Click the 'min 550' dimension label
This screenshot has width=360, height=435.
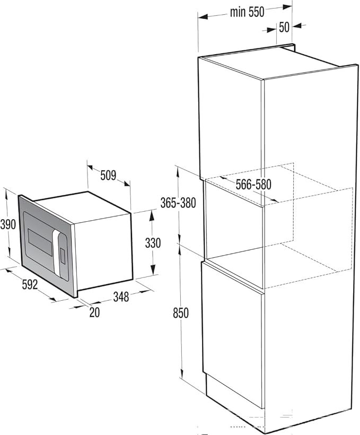coord(247,12)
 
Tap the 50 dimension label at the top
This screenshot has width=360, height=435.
coord(284,27)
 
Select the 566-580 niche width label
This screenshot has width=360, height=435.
coord(253,185)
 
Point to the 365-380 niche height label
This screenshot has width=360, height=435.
coord(178,203)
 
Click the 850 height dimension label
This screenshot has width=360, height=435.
coord(181,313)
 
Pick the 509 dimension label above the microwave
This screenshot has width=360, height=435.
coord(108,176)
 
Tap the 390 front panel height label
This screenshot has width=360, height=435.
coord(8,224)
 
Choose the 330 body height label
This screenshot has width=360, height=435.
coord(153,243)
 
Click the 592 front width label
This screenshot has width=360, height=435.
coord(30,284)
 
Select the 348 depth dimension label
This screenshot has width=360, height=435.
coord(121,297)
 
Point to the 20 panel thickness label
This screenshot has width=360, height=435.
coord(94,312)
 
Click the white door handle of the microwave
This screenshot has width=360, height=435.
coord(57,253)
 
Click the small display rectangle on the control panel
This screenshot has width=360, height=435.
coord(63,256)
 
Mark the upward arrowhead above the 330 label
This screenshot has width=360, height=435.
coord(152,215)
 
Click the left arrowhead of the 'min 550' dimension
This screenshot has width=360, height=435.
coord(203,17)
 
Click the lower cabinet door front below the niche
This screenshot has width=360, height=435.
coord(232,333)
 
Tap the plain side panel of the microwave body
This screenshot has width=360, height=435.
coord(103,251)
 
